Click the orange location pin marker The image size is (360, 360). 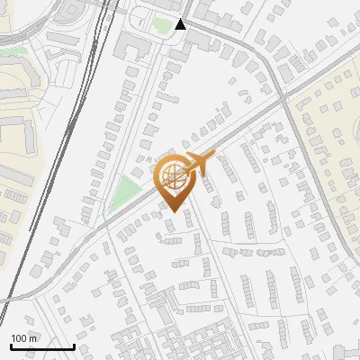tap(174, 180)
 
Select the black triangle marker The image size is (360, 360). tap(181, 24)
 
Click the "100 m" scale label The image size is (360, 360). tap(23, 338)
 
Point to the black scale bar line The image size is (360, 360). tap(42, 346)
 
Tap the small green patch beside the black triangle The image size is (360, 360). tap(163, 25)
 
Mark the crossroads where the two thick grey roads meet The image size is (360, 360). tap(286, 90)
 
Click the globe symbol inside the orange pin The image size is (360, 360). tap(174, 174)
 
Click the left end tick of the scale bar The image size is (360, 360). tap(11, 345)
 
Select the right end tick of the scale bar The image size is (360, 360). tap(74, 345)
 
